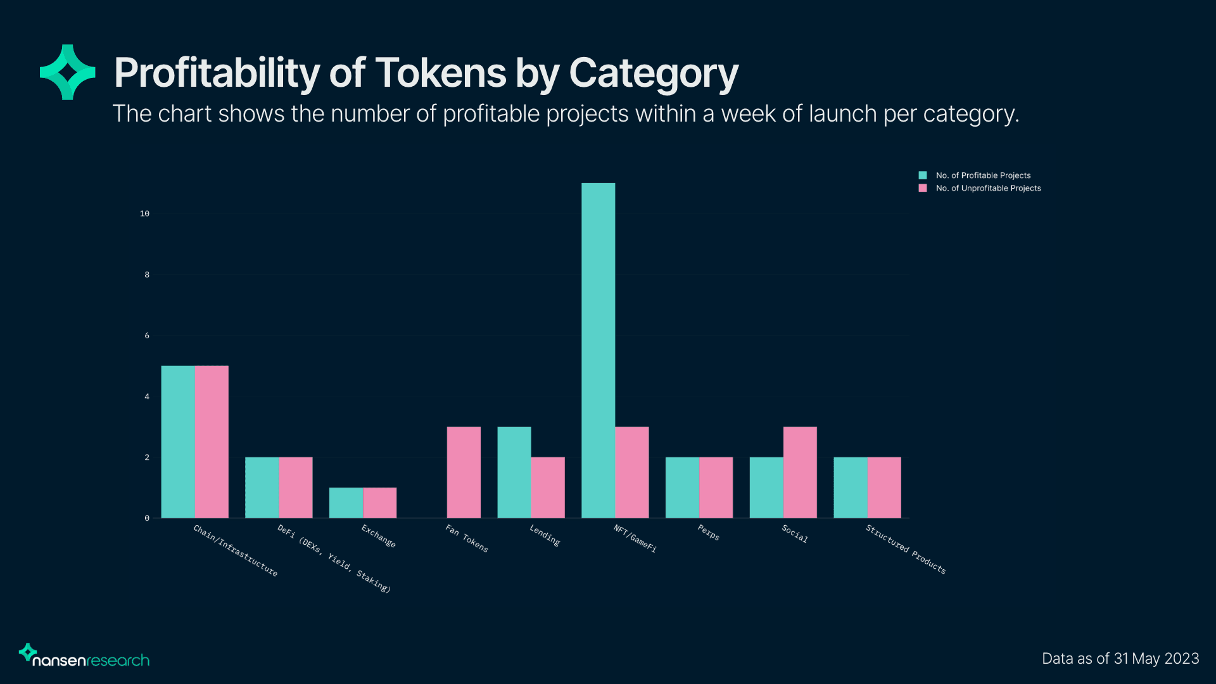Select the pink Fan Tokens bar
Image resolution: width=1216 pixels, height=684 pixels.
[x=464, y=472]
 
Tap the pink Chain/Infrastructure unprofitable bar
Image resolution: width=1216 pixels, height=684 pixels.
[x=212, y=441]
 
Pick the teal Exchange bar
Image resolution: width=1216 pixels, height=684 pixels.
[x=346, y=503]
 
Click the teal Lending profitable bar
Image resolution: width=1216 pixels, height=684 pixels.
[x=514, y=472]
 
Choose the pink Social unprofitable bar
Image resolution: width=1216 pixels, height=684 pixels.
[x=800, y=472]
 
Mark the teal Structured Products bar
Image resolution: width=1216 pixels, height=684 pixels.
[x=851, y=488]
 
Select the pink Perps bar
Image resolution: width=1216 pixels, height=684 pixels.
[x=716, y=488]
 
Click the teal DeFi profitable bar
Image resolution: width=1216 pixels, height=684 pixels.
[x=262, y=488]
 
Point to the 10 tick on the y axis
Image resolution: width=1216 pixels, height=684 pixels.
[x=144, y=214]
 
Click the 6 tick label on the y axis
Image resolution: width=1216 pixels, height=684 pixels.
[x=147, y=336]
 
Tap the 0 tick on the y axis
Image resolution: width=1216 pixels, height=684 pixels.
[x=147, y=518]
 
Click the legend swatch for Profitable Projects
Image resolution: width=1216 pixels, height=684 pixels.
[x=923, y=175]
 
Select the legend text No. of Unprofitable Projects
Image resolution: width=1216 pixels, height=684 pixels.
[x=988, y=188]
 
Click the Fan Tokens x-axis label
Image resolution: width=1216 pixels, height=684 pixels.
[x=467, y=538]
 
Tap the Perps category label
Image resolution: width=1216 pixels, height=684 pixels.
[x=708, y=533]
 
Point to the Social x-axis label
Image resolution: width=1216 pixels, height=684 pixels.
[x=794, y=533]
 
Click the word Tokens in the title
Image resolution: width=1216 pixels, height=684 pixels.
[x=441, y=73]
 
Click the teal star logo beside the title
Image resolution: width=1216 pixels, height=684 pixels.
[x=68, y=72]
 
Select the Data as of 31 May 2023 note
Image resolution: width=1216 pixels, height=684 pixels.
[x=1120, y=659]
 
